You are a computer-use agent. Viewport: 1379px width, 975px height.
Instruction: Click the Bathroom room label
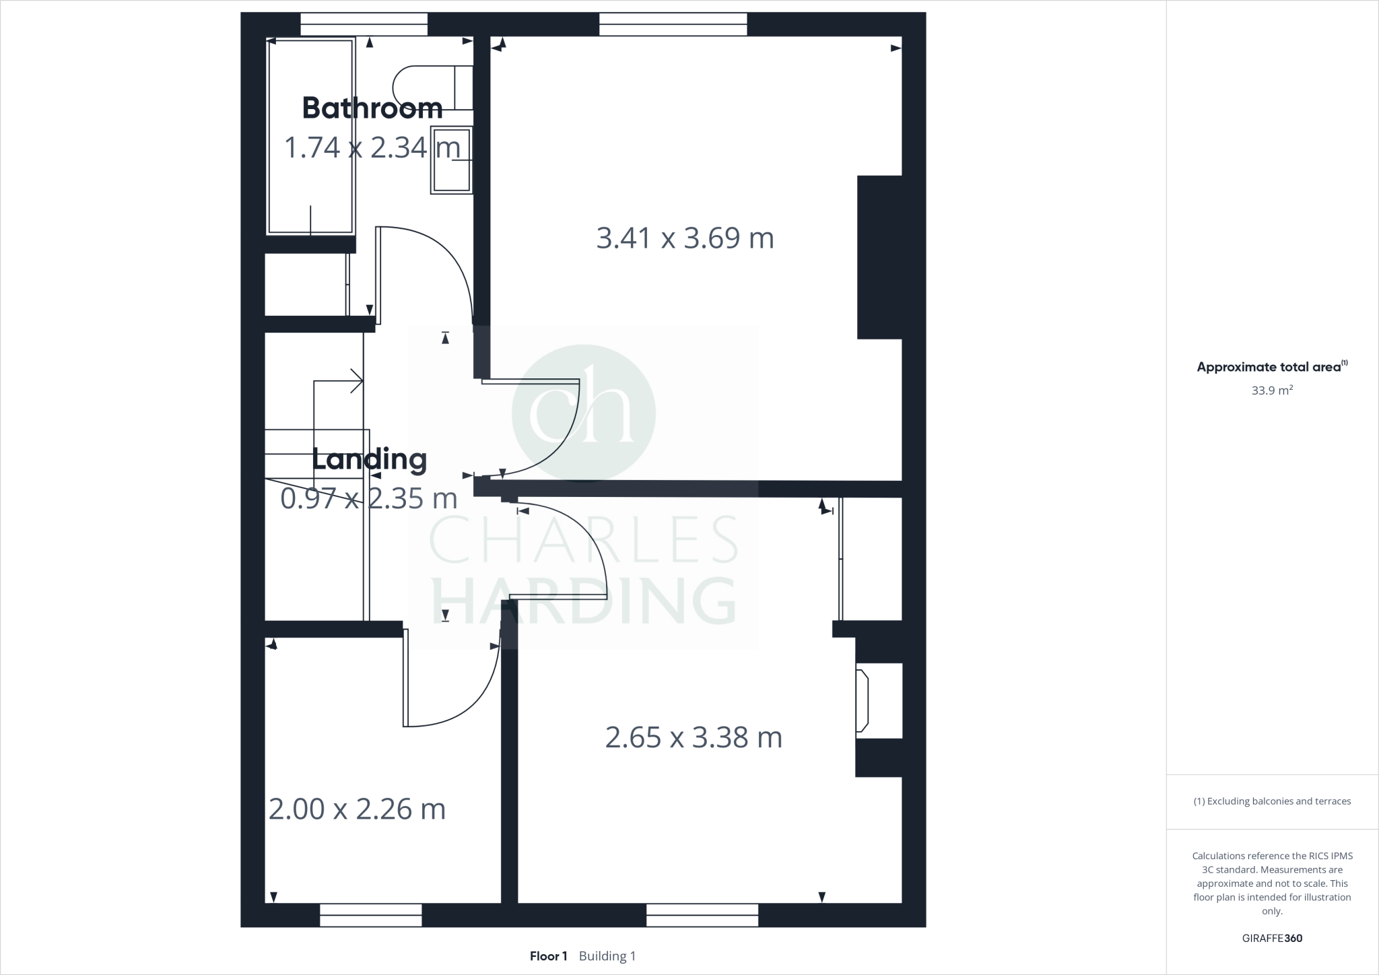pyautogui.click(x=372, y=108)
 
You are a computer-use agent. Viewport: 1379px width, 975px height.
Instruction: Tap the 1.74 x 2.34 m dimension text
pyautogui.click(x=372, y=147)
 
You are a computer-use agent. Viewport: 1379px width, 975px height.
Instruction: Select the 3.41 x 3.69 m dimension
pyautogui.click(x=685, y=238)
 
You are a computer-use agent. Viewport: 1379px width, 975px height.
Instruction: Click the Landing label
pyautogui.click(x=370, y=459)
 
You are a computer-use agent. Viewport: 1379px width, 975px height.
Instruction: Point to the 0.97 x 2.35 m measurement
pyautogui.click(x=368, y=499)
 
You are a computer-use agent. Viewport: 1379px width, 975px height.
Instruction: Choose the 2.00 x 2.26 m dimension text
pyautogui.click(x=357, y=809)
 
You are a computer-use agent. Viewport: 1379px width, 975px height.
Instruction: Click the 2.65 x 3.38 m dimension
pyautogui.click(x=694, y=738)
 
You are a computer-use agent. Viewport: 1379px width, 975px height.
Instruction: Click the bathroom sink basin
pyautogui.click(x=452, y=160)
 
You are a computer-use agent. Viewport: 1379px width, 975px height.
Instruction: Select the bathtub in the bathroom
pyautogui.click(x=310, y=137)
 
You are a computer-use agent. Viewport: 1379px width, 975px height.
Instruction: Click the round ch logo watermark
pyautogui.click(x=583, y=413)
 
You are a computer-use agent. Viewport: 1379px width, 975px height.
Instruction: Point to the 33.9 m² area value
pyautogui.click(x=1272, y=391)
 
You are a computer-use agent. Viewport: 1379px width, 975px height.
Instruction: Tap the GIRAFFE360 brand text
pyautogui.click(x=1272, y=938)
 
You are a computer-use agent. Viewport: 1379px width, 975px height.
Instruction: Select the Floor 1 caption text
pyautogui.click(x=548, y=956)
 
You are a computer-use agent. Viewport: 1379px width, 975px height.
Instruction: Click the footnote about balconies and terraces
pyautogui.click(x=1272, y=801)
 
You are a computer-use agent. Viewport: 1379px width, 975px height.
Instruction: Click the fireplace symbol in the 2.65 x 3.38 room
pyautogui.click(x=863, y=700)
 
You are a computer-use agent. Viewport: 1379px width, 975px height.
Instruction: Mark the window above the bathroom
pyautogui.click(x=364, y=24)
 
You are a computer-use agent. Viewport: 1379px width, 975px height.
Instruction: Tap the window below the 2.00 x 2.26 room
pyautogui.click(x=370, y=915)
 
